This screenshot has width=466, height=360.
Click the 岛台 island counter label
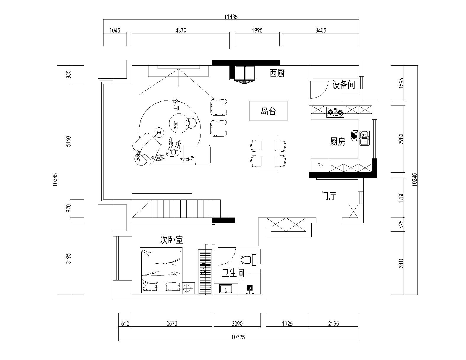[x=268, y=111]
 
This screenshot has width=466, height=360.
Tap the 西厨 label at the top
[x=277, y=73]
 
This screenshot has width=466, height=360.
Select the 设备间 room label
[x=344, y=85]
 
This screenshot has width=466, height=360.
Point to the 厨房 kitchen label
[x=337, y=142]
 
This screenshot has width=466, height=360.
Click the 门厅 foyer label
[x=329, y=196]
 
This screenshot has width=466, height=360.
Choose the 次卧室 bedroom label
[x=171, y=240]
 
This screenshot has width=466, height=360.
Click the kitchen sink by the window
[x=365, y=138]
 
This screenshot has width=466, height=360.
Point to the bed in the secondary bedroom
[x=161, y=271]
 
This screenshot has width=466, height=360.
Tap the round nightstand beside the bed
[x=187, y=287]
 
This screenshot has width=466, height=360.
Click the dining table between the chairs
[x=268, y=154]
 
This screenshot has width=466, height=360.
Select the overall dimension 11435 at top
[x=231, y=17]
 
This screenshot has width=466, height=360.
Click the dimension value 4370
[x=181, y=30]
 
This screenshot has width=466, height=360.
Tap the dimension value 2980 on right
[x=401, y=139]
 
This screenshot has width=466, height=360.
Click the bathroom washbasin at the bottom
[x=226, y=288]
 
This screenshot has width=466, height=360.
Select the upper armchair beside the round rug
[x=219, y=107]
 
